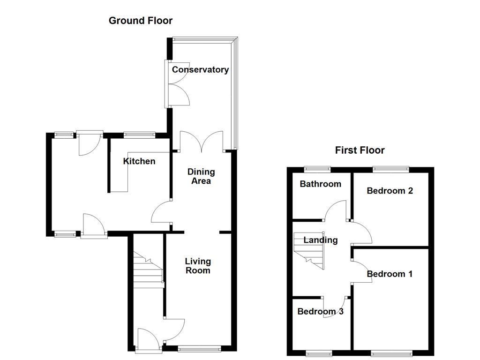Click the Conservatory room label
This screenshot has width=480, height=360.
click(x=200, y=70)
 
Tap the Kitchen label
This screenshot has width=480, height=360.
click(x=139, y=161)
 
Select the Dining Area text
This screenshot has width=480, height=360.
click(x=201, y=176)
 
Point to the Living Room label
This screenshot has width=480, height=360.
click(x=197, y=266)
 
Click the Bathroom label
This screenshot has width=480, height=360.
click(x=320, y=184)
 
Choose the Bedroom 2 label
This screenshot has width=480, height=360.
click(x=390, y=191)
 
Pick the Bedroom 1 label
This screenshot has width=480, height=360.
click(x=390, y=274)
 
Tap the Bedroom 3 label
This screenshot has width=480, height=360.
click(x=320, y=311)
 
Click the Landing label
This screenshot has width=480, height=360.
click(x=320, y=240)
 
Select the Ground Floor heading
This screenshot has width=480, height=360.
click(x=140, y=21)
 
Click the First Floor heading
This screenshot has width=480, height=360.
click(x=360, y=150)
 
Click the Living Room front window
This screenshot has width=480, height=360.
click(x=199, y=348)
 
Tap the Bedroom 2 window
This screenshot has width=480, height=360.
click(x=390, y=168)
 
